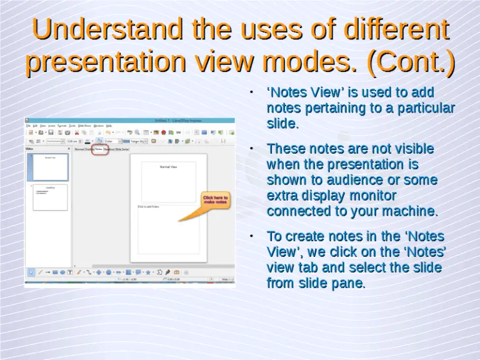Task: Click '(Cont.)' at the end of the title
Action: point(411,62)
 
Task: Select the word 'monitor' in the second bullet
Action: point(369,196)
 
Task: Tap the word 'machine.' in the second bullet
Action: point(409,212)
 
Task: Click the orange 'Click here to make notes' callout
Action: point(214,200)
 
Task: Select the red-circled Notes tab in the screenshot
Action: point(99,149)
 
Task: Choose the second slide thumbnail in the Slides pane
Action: point(50,197)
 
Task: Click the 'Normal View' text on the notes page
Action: point(169,167)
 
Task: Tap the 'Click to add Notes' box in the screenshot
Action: point(168,228)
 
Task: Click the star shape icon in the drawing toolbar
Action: point(148,272)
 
